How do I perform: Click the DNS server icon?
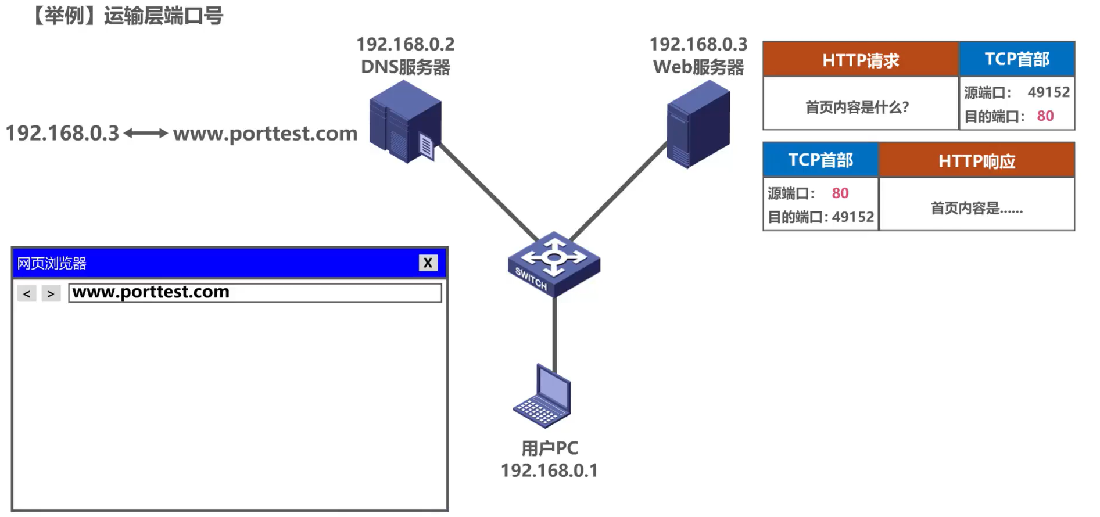click(x=405, y=122)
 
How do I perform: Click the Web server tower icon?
click(x=698, y=124)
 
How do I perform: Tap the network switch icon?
click(x=553, y=263)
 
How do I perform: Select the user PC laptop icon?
click(x=543, y=397)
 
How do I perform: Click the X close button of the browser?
click(x=428, y=263)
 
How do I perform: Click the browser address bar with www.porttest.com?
click(x=255, y=292)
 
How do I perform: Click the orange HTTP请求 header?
click(x=860, y=60)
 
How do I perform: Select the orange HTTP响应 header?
click(x=976, y=161)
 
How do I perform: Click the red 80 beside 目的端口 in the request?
click(x=1045, y=116)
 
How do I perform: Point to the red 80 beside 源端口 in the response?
click(x=840, y=193)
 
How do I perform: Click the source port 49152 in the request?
click(x=1048, y=92)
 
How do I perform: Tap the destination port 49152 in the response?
click(x=852, y=217)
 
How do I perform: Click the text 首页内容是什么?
click(x=857, y=107)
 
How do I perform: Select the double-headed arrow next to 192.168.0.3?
click(x=146, y=134)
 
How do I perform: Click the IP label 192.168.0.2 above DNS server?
click(x=405, y=44)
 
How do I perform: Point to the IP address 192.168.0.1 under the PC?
click(x=549, y=471)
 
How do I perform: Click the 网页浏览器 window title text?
click(x=52, y=263)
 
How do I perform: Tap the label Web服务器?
click(x=698, y=67)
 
